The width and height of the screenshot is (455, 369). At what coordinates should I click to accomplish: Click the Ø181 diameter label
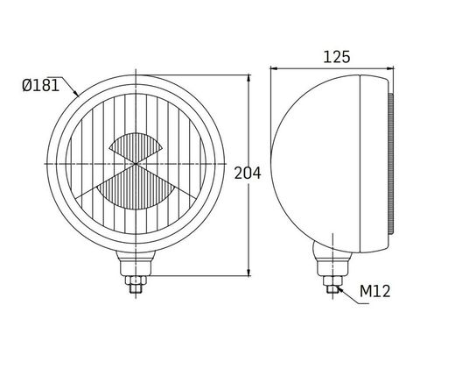click(40, 86)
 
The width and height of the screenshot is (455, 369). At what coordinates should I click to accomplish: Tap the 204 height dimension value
click(248, 174)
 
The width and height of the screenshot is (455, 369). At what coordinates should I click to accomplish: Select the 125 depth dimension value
click(337, 57)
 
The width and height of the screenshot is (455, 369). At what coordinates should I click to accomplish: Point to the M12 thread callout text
click(374, 291)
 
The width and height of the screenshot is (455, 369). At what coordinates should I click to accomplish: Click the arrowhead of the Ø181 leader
click(76, 93)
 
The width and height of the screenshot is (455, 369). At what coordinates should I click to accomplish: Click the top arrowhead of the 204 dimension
click(248, 78)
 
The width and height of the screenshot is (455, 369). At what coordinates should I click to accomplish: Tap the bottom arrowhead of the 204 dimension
click(248, 273)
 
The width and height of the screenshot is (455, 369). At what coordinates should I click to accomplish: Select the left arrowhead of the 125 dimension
click(274, 68)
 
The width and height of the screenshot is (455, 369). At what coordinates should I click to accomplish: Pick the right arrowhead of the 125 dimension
click(390, 68)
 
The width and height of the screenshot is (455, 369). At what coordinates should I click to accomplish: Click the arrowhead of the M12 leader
click(339, 289)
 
